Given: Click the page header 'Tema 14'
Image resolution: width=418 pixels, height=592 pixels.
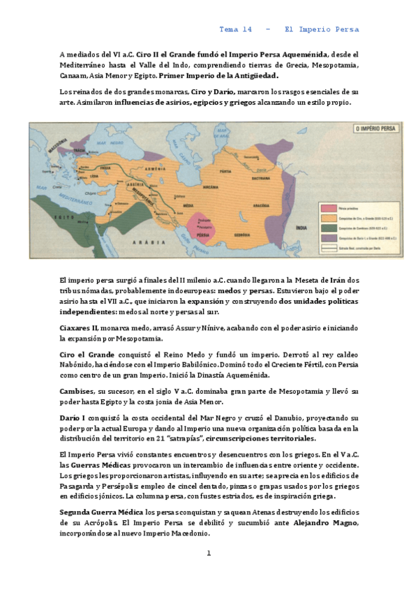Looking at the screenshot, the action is pyautogui.click(x=235, y=29).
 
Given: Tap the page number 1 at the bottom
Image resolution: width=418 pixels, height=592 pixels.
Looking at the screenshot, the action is pyautogui.click(x=208, y=553).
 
